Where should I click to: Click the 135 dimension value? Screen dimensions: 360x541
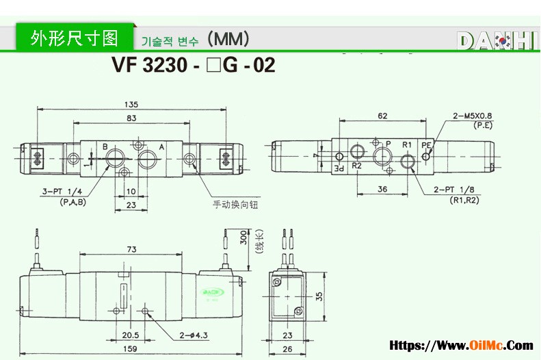pyautogui.click(x=131, y=105)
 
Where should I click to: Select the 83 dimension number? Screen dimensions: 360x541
pyautogui.click(x=131, y=119)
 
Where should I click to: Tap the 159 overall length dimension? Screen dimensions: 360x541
pyautogui.click(x=129, y=348)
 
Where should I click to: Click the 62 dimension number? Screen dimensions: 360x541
pyautogui.click(x=382, y=116)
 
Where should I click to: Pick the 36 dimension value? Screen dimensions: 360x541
pyautogui.click(x=382, y=190)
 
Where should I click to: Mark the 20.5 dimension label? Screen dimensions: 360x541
pyautogui.click(x=131, y=335)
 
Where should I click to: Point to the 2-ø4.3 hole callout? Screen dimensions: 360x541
pyautogui.click(x=194, y=335)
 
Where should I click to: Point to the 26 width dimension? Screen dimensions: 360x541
pyautogui.click(x=287, y=348)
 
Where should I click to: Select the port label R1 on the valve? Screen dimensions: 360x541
pyautogui.click(x=406, y=144)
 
